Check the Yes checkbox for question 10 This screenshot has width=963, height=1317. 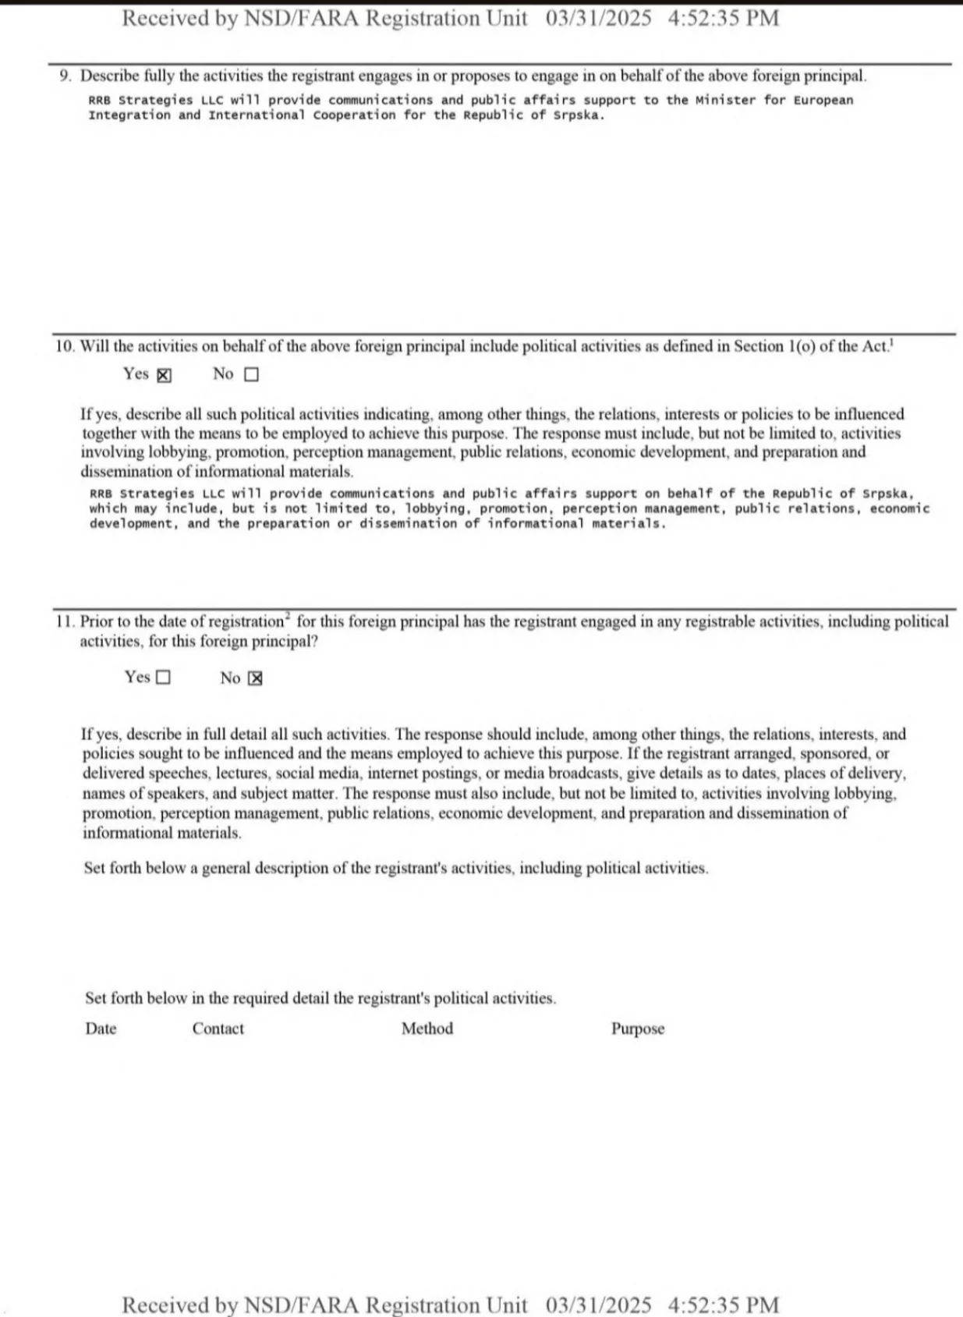click(164, 375)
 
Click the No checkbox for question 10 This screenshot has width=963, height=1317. click(251, 375)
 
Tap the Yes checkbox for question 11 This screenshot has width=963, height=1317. click(163, 678)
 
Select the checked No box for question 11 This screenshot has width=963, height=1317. click(255, 678)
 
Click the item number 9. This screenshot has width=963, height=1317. click(65, 76)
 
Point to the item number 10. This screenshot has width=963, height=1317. click(65, 346)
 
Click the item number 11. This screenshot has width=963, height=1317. click(65, 622)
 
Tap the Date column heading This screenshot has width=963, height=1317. click(101, 1028)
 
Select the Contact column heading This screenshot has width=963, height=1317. click(218, 1028)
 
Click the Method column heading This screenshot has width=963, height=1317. click(427, 1028)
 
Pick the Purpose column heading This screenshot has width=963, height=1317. click(638, 1029)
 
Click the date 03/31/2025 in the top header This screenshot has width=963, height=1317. click(598, 18)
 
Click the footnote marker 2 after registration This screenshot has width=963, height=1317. click(288, 617)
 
